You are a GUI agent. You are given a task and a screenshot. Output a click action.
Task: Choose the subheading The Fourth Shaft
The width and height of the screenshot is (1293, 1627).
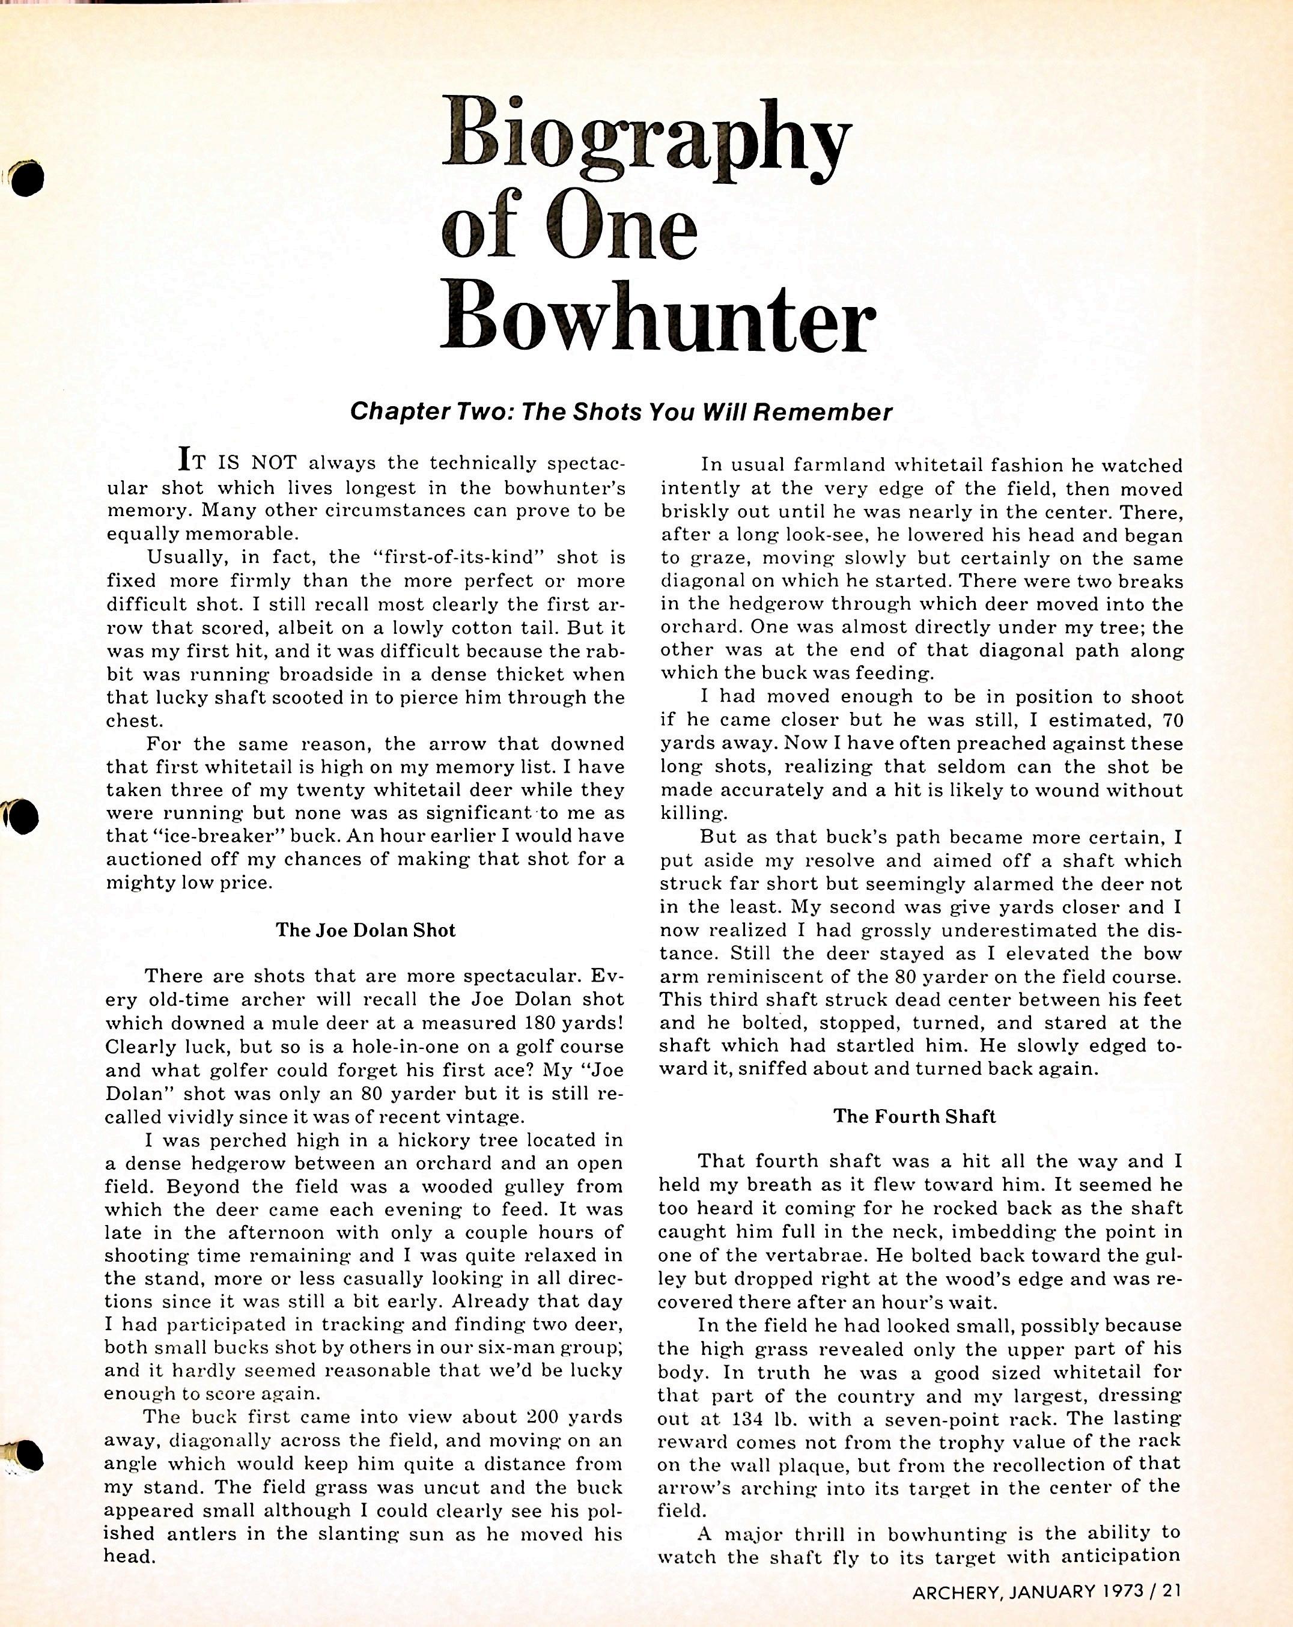[914, 1116]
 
